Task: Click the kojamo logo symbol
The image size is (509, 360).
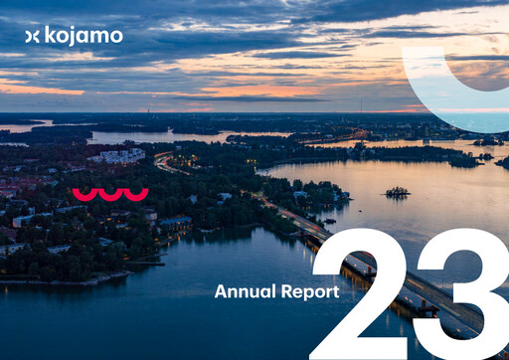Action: (32, 36)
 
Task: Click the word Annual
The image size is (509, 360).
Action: (242, 291)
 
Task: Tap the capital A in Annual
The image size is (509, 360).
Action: (220, 291)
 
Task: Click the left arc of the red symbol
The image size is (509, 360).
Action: (85, 193)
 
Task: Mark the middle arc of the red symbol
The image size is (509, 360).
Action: (110, 193)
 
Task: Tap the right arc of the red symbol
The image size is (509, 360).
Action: (136, 193)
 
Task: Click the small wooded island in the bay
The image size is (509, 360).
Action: (397, 192)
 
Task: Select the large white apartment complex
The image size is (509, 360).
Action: (119, 156)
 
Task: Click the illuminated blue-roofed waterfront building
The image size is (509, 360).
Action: (175, 223)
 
